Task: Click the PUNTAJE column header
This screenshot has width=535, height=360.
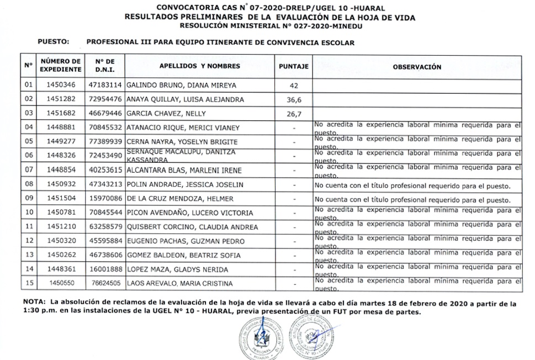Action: [x=293, y=66]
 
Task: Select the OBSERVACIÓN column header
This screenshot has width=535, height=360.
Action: [x=416, y=67]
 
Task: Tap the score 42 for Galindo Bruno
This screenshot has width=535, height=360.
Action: [x=294, y=86]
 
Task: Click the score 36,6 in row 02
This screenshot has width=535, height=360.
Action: [x=294, y=99]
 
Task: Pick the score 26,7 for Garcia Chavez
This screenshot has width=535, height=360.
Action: [x=294, y=114]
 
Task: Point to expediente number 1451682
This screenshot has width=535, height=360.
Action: [x=60, y=114]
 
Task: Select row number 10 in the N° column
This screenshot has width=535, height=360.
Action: [x=29, y=213]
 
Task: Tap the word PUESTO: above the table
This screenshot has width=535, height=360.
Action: [x=53, y=42]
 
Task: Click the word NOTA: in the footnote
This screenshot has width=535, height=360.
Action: [x=34, y=303]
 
